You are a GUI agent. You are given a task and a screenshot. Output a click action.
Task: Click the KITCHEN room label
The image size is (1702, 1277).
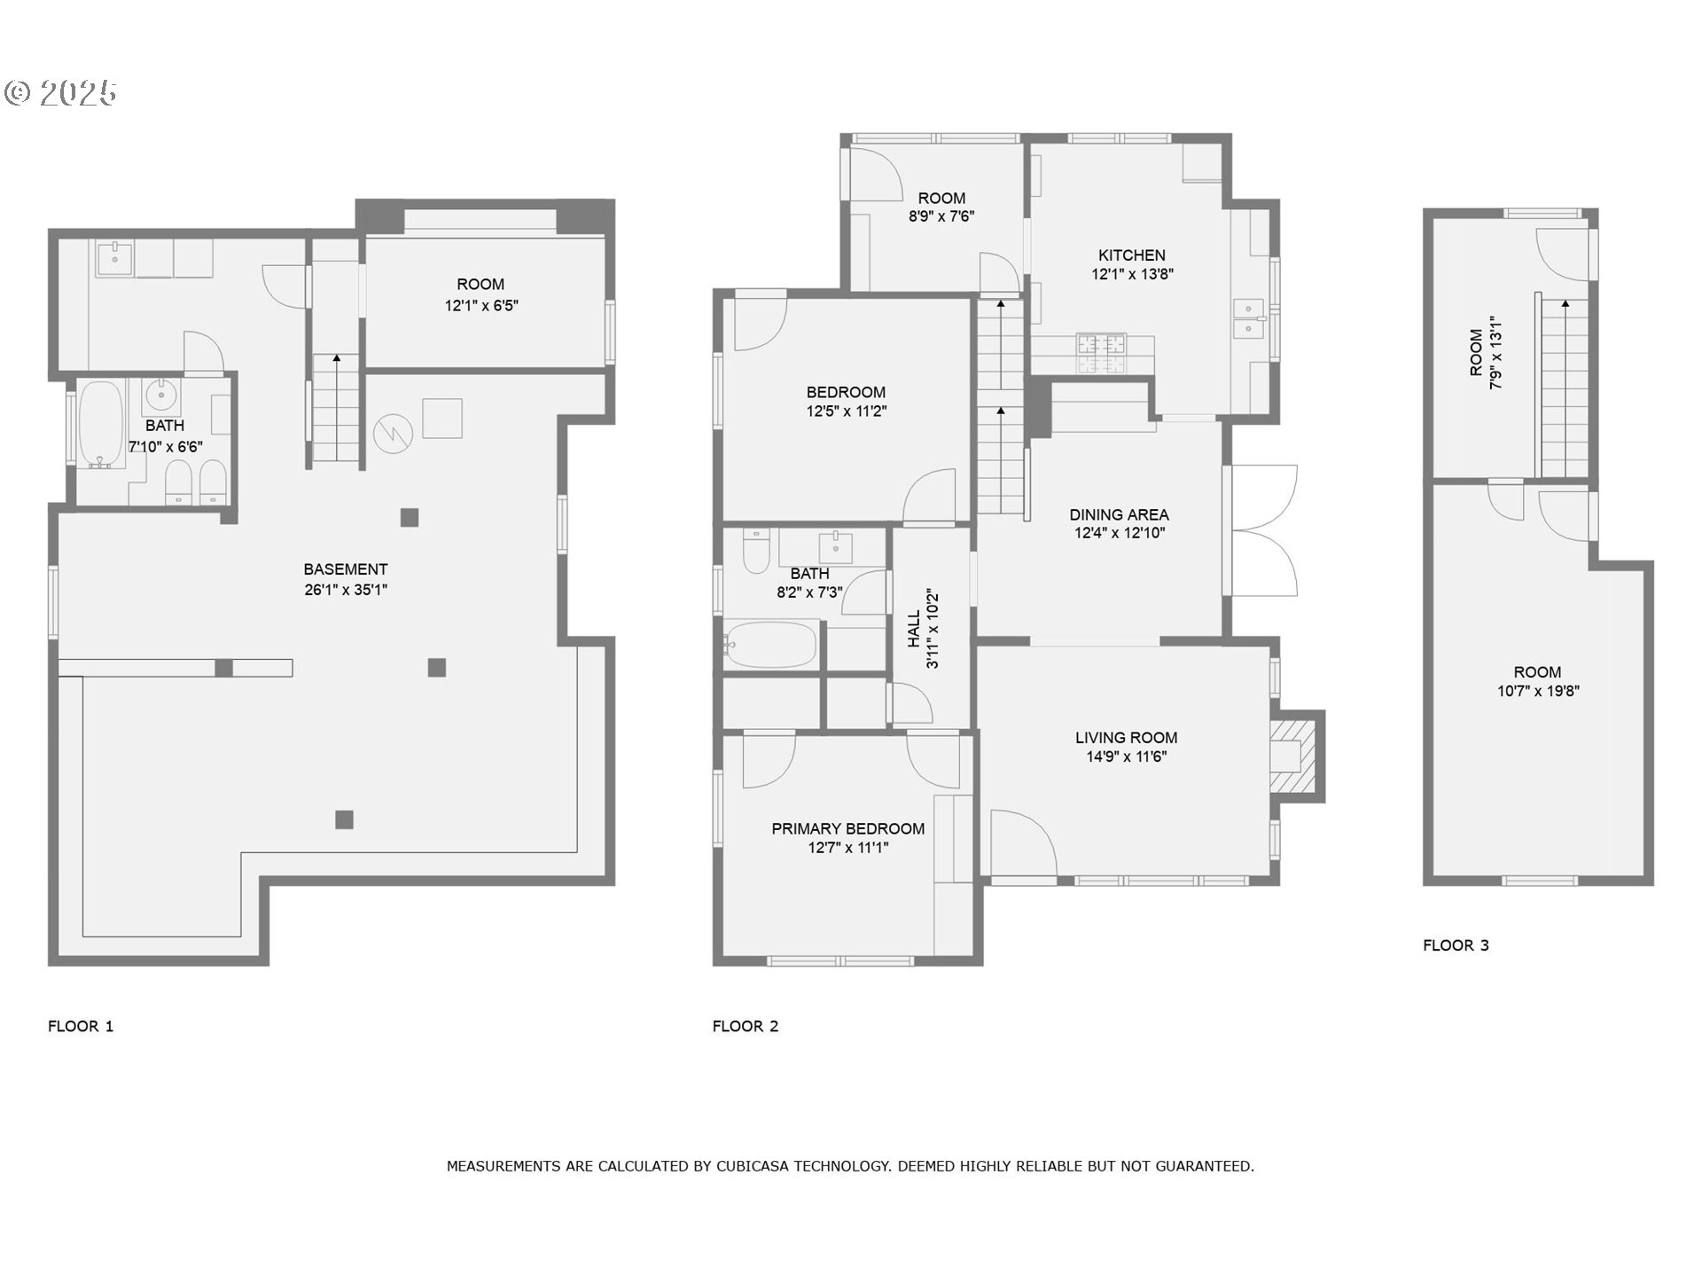[x=1131, y=255]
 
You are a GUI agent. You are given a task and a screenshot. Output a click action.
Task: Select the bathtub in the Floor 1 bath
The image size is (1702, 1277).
[x=100, y=424]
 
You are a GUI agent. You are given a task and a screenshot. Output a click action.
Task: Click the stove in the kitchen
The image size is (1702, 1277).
[x=1101, y=353]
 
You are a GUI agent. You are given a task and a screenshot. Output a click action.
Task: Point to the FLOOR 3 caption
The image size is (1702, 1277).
[x=1456, y=945]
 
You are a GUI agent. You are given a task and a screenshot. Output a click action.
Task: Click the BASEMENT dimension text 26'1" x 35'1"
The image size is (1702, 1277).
[x=346, y=590]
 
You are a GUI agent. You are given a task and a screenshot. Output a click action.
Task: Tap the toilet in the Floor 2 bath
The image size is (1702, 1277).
[x=756, y=552]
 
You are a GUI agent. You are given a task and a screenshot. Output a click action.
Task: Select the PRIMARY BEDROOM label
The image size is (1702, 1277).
[x=847, y=828]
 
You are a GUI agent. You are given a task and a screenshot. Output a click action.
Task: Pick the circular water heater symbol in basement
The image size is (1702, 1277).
[x=392, y=434]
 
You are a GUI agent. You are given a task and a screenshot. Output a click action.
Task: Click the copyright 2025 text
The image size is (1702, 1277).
[x=61, y=93]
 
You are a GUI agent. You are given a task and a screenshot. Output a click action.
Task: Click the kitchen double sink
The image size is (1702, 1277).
[x=1249, y=319]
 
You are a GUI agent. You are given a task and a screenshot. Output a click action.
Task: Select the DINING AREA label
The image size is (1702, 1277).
[x=1119, y=514]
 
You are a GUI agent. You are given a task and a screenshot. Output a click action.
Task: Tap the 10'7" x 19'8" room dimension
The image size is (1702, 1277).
[x=1538, y=692]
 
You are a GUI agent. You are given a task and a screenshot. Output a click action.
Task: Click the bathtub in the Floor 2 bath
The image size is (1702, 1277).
[x=770, y=645]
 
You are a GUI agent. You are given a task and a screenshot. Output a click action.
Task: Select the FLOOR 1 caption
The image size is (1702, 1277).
[x=81, y=1026]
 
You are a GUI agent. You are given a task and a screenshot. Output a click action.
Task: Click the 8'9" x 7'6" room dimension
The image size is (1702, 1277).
[x=941, y=216]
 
